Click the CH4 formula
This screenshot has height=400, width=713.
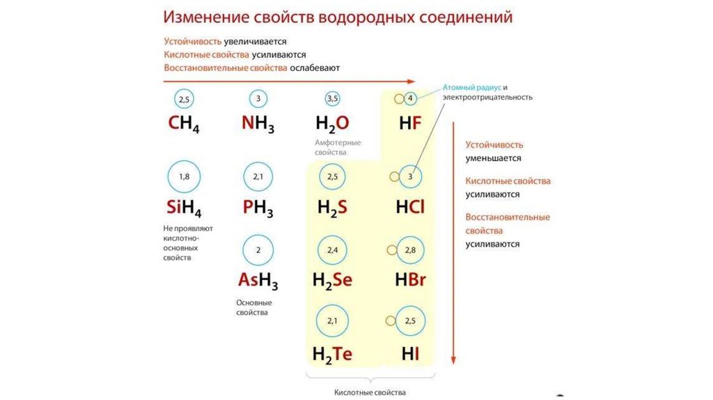click(184, 125)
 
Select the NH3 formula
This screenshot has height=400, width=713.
click(258, 125)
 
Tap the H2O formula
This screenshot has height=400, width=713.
click(332, 125)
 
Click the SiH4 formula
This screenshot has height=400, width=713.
click(184, 208)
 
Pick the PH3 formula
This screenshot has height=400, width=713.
click(258, 208)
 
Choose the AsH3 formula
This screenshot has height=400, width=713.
click(258, 281)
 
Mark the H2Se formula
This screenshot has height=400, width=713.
click(332, 281)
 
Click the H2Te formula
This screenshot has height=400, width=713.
click(332, 354)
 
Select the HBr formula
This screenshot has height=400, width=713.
click(410, 281)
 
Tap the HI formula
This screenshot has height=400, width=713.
click(410, 354)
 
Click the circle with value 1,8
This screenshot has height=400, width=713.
click(184, 177)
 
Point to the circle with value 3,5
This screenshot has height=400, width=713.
click(332, 99)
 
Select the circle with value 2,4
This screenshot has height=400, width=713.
click(332, 250)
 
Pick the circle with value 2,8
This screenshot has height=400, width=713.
click(409, 250)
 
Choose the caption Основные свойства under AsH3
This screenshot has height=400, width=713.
click(254, 308)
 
